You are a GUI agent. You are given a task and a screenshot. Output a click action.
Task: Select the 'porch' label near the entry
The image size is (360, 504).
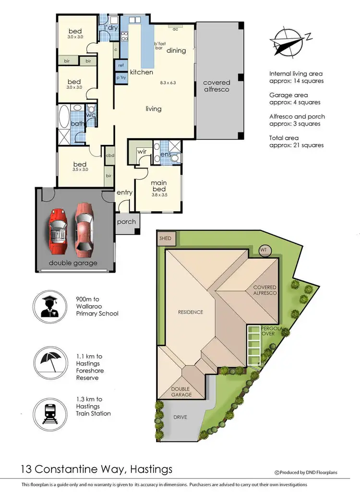point(126,222)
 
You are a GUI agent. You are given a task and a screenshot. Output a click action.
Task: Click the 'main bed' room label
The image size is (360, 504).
point(158,186)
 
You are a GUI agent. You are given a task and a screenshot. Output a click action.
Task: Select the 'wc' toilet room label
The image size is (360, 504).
point(91,115)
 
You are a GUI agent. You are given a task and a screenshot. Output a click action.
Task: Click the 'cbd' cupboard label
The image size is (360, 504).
point(109,156)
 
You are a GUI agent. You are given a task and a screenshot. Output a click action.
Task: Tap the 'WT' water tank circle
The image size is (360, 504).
point(264,250)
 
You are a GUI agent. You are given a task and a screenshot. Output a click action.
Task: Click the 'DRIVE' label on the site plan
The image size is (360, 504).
point(180,417)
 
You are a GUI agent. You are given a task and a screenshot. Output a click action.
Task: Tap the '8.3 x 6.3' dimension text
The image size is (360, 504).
point(168,83)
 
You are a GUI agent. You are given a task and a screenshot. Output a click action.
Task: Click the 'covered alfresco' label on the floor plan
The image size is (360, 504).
point(216,86)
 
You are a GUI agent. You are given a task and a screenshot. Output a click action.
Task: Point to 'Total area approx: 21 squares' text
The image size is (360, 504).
point(296,142)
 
